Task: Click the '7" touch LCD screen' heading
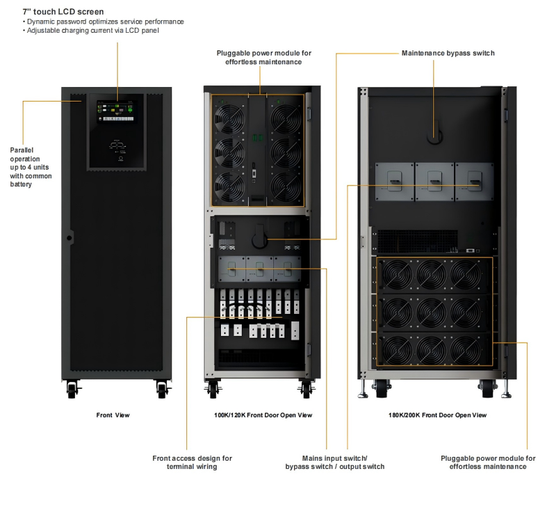point(63,12)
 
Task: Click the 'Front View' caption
point(113,415)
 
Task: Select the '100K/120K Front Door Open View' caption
point(263,415)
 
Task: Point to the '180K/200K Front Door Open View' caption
point(437,415)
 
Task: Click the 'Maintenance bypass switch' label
point(448,53)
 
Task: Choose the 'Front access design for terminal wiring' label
point(192,462)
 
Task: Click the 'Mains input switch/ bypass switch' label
point(334,462)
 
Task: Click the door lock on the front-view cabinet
point(69,238)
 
